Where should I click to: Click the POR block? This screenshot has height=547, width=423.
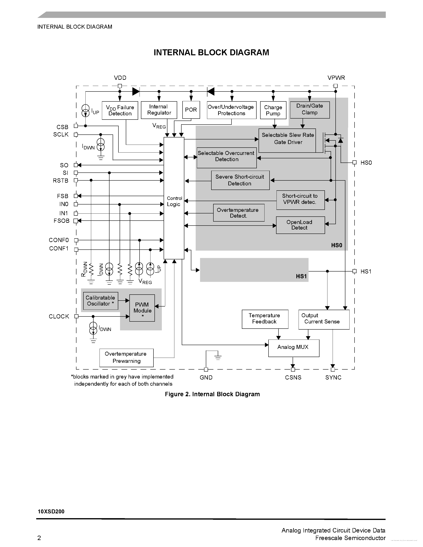click(191, 110)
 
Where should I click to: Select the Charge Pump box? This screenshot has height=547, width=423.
click(273, 110)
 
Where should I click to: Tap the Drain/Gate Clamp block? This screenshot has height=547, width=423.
click(310, 109)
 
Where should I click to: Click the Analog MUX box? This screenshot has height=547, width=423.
click(294, 348)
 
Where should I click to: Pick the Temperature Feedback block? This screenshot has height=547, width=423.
click(265, 319)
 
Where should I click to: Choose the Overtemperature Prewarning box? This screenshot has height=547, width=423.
click(126, 358)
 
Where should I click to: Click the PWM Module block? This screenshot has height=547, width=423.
click(142, 308)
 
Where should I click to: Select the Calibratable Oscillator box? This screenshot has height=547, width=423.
click(101, 301)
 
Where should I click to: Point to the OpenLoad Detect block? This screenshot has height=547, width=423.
click(300, 225)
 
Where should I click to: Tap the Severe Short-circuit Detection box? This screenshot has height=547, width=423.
click(240, 180)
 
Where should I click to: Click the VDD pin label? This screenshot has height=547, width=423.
click(120, 78)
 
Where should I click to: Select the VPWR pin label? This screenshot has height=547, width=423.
click(336, 78)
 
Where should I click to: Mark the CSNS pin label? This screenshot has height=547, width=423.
click(293, 378)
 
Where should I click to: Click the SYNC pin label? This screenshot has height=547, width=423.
click(333, 378)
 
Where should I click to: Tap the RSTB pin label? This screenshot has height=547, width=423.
click(61, 181)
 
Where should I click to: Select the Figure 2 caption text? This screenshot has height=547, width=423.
click(212, 394)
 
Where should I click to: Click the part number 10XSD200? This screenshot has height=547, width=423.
click(51, 511)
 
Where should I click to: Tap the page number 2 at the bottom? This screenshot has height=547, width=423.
click(39, 538)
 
